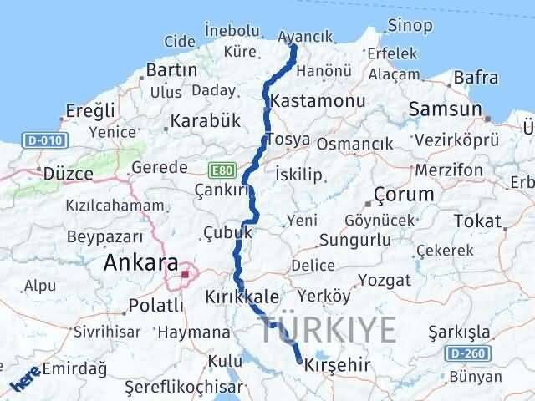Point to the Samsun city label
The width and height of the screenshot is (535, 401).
click(x=446, y=109)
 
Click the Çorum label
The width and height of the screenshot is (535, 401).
click(x=405, y=195)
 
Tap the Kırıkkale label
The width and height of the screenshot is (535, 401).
click(x=243, y=297)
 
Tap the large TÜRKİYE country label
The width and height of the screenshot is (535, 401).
click(x=328, y=330)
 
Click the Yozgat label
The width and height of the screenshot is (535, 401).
click(x=385, y=280)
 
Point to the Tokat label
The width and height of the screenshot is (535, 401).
click(x=477, y=221)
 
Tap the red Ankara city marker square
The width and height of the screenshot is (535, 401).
click(x=186, y=272)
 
